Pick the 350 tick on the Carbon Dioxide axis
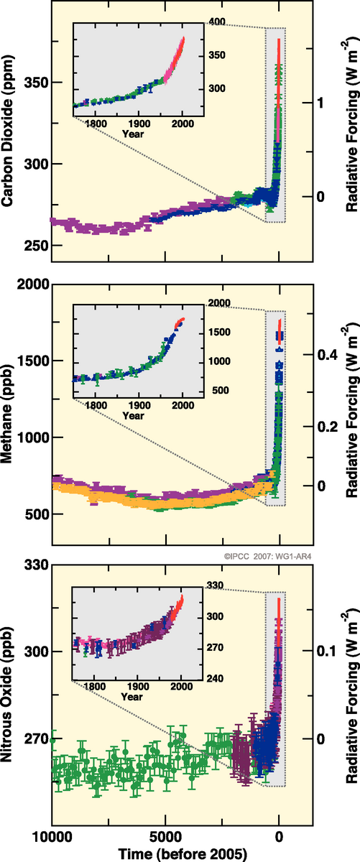click(x=36, y=83)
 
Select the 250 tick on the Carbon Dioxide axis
click(x=36, y=246)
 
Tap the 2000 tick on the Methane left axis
click(x=33, y=284)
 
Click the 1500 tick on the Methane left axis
click(x=33, y=361)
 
